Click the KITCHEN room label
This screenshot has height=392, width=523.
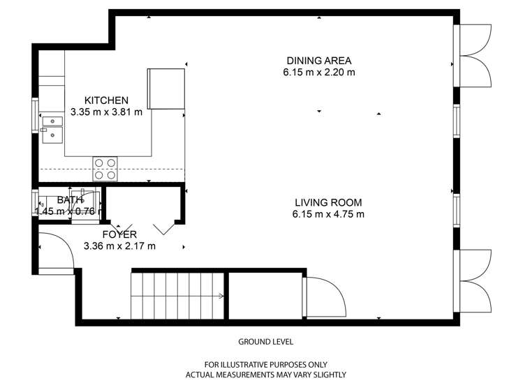tap(106, 100)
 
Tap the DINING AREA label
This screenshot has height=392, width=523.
tap(319, 61)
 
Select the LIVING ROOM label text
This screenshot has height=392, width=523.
tap(328, 202)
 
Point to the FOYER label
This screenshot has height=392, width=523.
tap(119, 234)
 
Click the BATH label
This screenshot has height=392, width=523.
tap(70, 199)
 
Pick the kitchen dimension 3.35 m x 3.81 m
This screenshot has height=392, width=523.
tap(106, 112)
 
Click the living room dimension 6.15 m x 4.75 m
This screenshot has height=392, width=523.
tap(328, 214)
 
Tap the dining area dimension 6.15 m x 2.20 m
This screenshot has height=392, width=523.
tap(319, 73)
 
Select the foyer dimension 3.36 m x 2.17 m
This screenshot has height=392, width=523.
tap(119, 246)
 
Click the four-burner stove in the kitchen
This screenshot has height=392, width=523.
tap(105, 169)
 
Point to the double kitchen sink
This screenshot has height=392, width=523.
tap(52, 130)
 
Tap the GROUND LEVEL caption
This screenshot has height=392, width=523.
tap(265, 342)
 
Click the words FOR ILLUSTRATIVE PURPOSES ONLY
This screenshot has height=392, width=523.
tap(265, 364)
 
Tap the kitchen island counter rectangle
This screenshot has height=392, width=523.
tap(166, 89)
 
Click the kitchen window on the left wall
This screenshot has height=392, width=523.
tap(35, 115)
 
